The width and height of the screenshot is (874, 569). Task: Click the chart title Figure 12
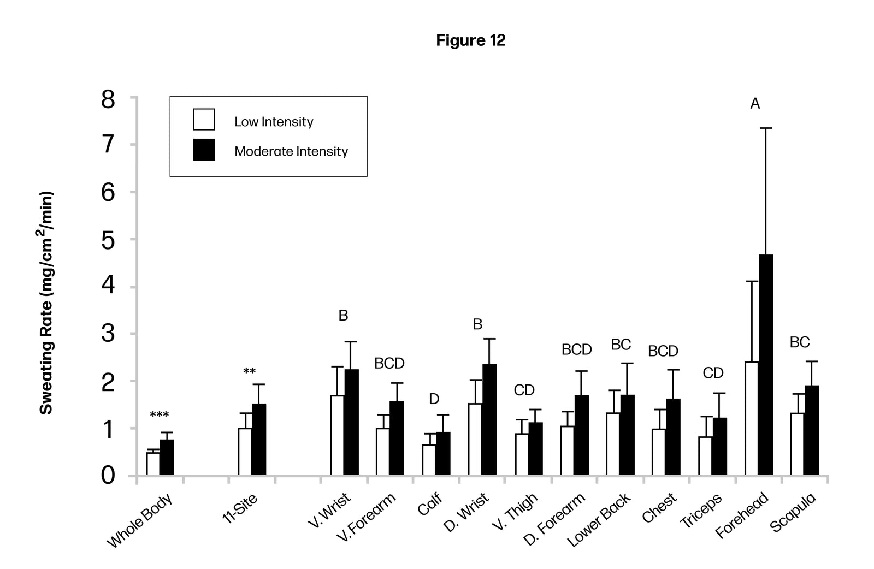[x=470, y=40]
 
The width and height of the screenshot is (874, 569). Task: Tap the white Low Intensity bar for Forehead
[x=752, y=418]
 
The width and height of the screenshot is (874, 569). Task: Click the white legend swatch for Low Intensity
[x=204, y=120]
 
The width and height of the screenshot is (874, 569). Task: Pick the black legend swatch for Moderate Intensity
[x=204, y=150]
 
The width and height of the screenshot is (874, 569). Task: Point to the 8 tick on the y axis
[x=109, y=100]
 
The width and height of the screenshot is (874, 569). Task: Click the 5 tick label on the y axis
[x=109, y=240]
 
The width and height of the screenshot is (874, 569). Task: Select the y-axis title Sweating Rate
[x=47, y=303]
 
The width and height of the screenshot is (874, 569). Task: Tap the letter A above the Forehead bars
[x=755, y=104]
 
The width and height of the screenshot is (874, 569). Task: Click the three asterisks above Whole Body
[x=159, y=416]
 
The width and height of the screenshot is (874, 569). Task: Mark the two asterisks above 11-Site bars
[x=250, y=372]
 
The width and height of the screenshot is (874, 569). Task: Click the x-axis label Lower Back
[x=599, y=519]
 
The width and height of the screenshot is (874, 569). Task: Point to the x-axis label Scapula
[x=793, y=512]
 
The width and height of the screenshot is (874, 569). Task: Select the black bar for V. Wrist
[x=351, y=422]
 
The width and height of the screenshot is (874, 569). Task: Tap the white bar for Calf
[x=429, y=460]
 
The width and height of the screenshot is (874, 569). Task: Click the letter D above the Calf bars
[x=434, y=399]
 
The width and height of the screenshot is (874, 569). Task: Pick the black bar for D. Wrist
[x=489, y=419]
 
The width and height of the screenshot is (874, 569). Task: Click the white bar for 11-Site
[x=245, y=451]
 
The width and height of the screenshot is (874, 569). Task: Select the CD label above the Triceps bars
[x=713, y=373]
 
